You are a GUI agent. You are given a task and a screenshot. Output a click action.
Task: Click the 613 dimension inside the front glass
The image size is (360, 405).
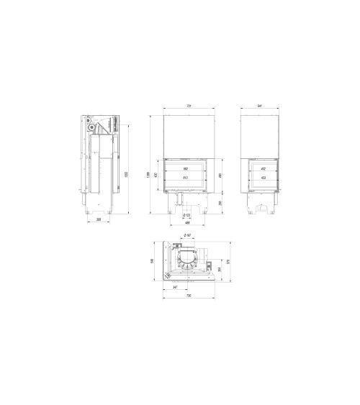tap(185, 177)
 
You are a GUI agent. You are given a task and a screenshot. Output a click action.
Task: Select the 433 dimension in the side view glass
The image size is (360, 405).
tap(264, 177)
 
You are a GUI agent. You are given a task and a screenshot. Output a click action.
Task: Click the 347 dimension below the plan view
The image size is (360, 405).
tap(176, 288)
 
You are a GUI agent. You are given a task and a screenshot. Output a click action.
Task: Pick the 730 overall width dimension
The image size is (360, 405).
tap(189, 296)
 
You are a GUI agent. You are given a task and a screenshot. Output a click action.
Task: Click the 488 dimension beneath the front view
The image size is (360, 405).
tap(187, 222)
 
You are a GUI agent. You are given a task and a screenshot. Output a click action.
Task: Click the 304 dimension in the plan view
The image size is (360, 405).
tap(219, 270)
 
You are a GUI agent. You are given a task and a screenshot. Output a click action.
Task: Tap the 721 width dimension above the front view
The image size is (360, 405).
tap(189, 106)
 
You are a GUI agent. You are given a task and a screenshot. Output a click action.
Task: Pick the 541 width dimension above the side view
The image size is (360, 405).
tap(259, 106)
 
